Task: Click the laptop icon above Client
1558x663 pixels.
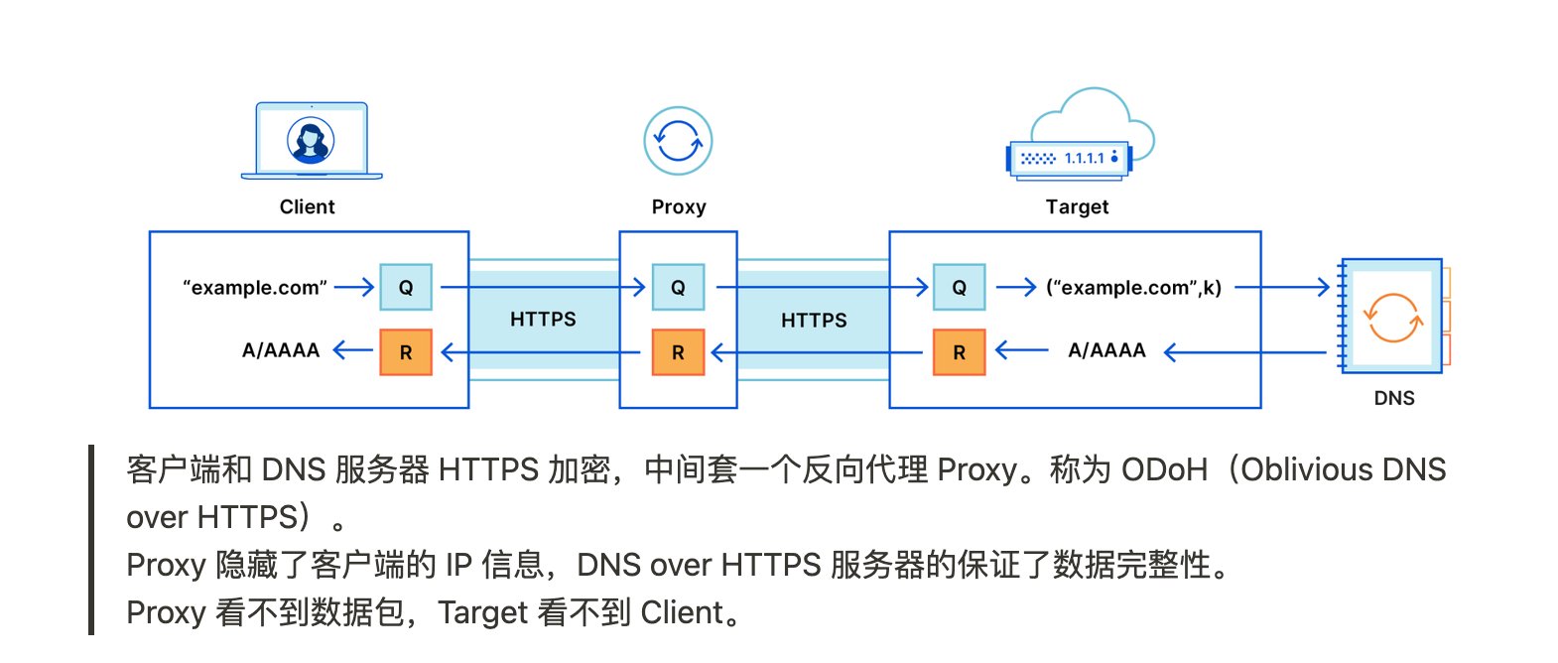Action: coord(312,141)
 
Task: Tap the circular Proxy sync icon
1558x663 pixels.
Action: coord(678,141)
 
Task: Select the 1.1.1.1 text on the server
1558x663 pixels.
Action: coord(1084,158)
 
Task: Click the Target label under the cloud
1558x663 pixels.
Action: coord(1077,206)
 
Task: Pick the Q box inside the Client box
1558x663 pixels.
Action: coord(406,288)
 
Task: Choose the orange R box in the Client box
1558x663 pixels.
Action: coord(406,352)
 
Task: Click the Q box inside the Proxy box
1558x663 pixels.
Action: coord(678,288)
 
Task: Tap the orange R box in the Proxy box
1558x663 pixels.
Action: coord(678,352)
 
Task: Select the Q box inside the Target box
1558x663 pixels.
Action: coord(959,288)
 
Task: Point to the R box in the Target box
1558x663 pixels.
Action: coord(959,352)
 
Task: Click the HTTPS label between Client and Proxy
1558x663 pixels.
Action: coord(543,320)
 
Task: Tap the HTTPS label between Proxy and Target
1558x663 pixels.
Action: coord(814,321)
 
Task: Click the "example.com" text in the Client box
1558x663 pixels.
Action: coord(255,288)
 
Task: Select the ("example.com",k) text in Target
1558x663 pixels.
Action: coord(1133,288)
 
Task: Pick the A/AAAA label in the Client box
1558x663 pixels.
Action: coord(281,350)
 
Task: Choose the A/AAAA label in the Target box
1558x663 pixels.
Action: coord(1106,350)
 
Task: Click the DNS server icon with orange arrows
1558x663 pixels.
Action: coord(1392,317)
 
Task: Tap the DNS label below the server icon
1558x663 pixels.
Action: coord(1394,398)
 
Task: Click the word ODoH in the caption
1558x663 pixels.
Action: coord(1164,469)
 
